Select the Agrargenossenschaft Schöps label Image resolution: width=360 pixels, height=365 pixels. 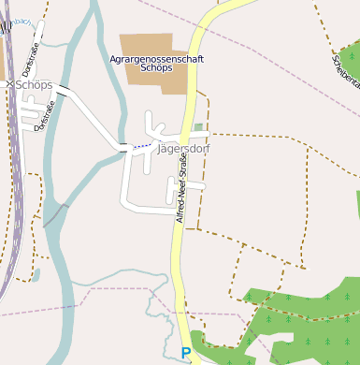click(157, 64)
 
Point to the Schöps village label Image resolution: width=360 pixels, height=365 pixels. click(35, 84)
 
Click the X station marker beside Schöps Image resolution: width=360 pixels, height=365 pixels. click(9, 84)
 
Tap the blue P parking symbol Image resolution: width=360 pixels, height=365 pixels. click(185, 354)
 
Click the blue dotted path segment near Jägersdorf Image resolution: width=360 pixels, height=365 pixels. click(140, 146)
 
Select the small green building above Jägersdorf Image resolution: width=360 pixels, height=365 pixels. click(198, 127)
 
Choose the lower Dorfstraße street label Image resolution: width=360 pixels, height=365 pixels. click(41, 116)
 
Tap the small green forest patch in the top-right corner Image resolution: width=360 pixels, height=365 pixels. click(350, 62)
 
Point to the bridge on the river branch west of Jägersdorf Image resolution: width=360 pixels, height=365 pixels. click(124, 146)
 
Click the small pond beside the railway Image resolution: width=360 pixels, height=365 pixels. click(36, 275)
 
